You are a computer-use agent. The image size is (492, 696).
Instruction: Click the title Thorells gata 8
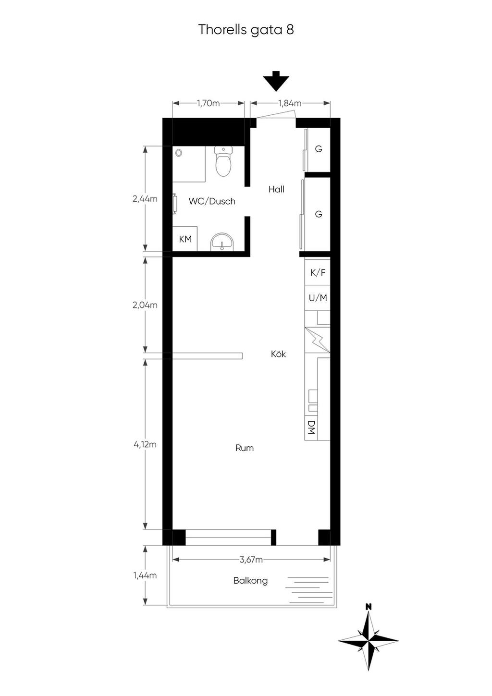click(246, 30)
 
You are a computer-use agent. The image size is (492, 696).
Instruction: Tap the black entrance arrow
click(276, 81)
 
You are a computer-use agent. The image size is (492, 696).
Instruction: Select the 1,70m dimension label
click(208, 103)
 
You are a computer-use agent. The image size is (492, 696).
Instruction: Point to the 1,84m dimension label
click(290, 103)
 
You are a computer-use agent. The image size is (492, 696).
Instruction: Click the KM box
click(185, 239)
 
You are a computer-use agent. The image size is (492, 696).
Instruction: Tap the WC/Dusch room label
click(212, 201)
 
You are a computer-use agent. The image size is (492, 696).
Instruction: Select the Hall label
click(276, 189)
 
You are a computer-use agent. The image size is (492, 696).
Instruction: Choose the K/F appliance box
click(317, 272)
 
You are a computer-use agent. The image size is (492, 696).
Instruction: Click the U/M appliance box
click(317, 298)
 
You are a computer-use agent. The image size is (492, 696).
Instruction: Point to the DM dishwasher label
click(311, 427)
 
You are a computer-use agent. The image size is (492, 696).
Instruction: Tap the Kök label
click(278, 354)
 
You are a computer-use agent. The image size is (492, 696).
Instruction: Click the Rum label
click(244, 448)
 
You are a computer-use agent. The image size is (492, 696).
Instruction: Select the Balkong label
click(250, 581)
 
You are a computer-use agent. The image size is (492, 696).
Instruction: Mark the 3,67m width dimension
click(251, 560)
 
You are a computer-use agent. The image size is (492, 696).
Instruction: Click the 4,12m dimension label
click(145, 445)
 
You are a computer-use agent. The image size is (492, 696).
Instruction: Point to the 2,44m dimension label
click(145, 199)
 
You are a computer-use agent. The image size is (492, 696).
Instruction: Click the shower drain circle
click(178, 152)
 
